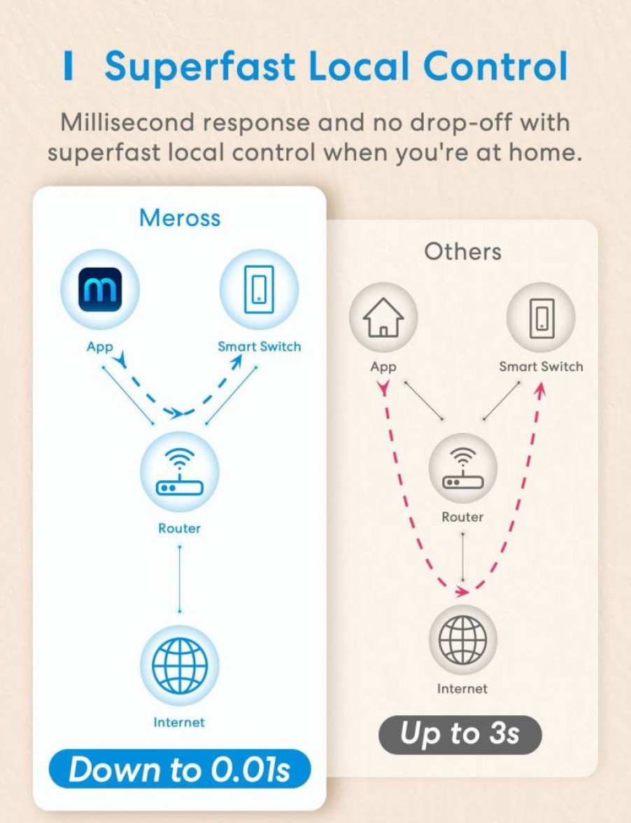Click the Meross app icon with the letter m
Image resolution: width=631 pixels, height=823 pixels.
[x=100, y=289]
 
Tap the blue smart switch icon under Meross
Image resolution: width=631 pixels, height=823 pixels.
[x=259, y=289]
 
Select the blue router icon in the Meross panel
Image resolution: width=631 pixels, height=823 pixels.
[x=180, y=472]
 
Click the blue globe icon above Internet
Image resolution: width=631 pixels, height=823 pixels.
[x=180, y=666]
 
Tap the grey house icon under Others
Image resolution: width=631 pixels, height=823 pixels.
[x=384, y=317]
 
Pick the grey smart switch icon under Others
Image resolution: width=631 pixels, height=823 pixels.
[x=541, y=317]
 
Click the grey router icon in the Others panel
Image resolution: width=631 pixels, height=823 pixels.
[x=462, y=468]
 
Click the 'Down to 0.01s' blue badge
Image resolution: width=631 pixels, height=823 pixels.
[x=180, y=769]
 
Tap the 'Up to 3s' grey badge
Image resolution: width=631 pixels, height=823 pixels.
[x=460, y=734]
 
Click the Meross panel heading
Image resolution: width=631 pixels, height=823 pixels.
[x=180, y=218]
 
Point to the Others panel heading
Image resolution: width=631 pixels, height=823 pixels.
[x=462, y=252]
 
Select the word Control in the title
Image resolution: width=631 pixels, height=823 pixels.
[x=495, y=66]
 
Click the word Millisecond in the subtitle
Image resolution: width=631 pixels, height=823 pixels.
[x=127, y=122]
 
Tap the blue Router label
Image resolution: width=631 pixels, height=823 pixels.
[x=180, y=528]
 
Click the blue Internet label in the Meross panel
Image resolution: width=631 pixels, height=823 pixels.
[x=179, y=722]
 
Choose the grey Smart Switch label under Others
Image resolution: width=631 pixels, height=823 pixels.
[x=541, y=366]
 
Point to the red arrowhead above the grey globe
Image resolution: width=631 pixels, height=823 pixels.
[x=462, y=592]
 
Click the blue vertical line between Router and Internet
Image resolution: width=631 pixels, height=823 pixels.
[x=180, y=579]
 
